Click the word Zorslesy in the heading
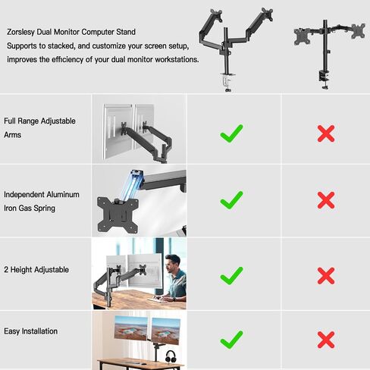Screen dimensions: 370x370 click(21, 32)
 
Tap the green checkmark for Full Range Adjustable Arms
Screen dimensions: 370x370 click(231, 133)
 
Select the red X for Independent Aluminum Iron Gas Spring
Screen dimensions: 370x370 click(326, 200)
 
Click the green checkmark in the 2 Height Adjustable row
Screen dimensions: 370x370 click(231, 276)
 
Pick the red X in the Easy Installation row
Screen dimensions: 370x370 click(326, 340)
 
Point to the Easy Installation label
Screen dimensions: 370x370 click(31, 331)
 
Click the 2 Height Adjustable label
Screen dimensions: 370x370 click(36, 270)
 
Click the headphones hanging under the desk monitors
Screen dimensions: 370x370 click(171, 356)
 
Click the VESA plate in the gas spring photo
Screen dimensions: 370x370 click(118, 215)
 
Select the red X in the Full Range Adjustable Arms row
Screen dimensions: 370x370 click(326, 133)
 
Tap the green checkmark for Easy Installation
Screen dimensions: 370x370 click(231, 340)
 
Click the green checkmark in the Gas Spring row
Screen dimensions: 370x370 click(231, 200)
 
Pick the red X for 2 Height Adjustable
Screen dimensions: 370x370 click(326, 276)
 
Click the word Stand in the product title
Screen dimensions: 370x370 click(126, 32)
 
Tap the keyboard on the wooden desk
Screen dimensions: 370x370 click(157, 300)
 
